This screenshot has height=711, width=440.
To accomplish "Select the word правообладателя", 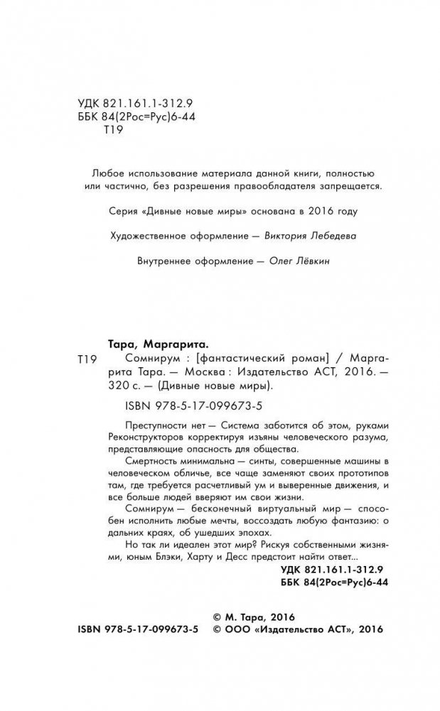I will pyautogui.click(x=279, y=187).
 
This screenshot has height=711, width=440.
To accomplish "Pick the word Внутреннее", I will pyautogui.click(x=161, y=261).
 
